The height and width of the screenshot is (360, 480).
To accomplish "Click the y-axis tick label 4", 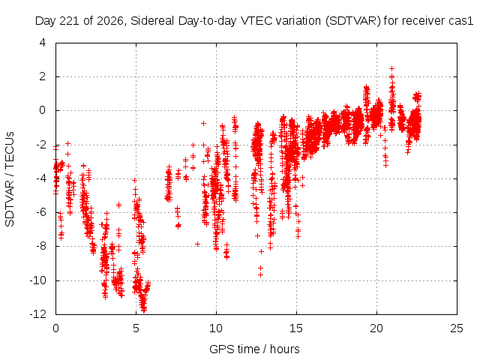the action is pyautogui.click(x=43, y=43).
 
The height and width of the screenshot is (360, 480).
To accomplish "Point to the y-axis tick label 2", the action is pyautogui.click(x=43, y=76).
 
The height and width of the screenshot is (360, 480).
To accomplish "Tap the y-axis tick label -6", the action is pyautogui.click(x=40, y=212).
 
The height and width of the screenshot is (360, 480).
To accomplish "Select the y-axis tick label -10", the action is pyautogui.click(x=37, y=280).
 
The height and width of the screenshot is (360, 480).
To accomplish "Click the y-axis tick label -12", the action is pyautogui.click(x=37, y=314).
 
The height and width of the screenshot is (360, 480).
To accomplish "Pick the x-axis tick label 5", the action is pyautogui.click(x=136, y=328).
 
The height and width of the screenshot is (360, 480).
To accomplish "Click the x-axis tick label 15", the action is pyautogui.click(x=296, y=328).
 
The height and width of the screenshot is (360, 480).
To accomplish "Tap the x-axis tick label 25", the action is pyautogui.click(x=457, y=328).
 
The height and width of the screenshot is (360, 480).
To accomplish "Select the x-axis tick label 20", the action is pyautogui.click(x=376, y=328).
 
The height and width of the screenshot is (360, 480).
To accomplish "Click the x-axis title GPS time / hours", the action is pyautogui.click(x=254, y=349).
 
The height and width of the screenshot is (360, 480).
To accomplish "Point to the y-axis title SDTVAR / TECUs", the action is pyautogui.click(x=10, y=179).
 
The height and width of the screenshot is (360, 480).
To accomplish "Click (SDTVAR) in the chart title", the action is pyautogui.click(x=352, y=21).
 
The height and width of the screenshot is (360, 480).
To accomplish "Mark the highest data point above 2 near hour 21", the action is pyautogui.click(x=391, y=68).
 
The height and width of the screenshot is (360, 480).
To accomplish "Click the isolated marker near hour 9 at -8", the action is pyautogui.click(x=197, y=244).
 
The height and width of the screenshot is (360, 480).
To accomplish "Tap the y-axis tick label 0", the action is pyautogui.click(x=43, y=110).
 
